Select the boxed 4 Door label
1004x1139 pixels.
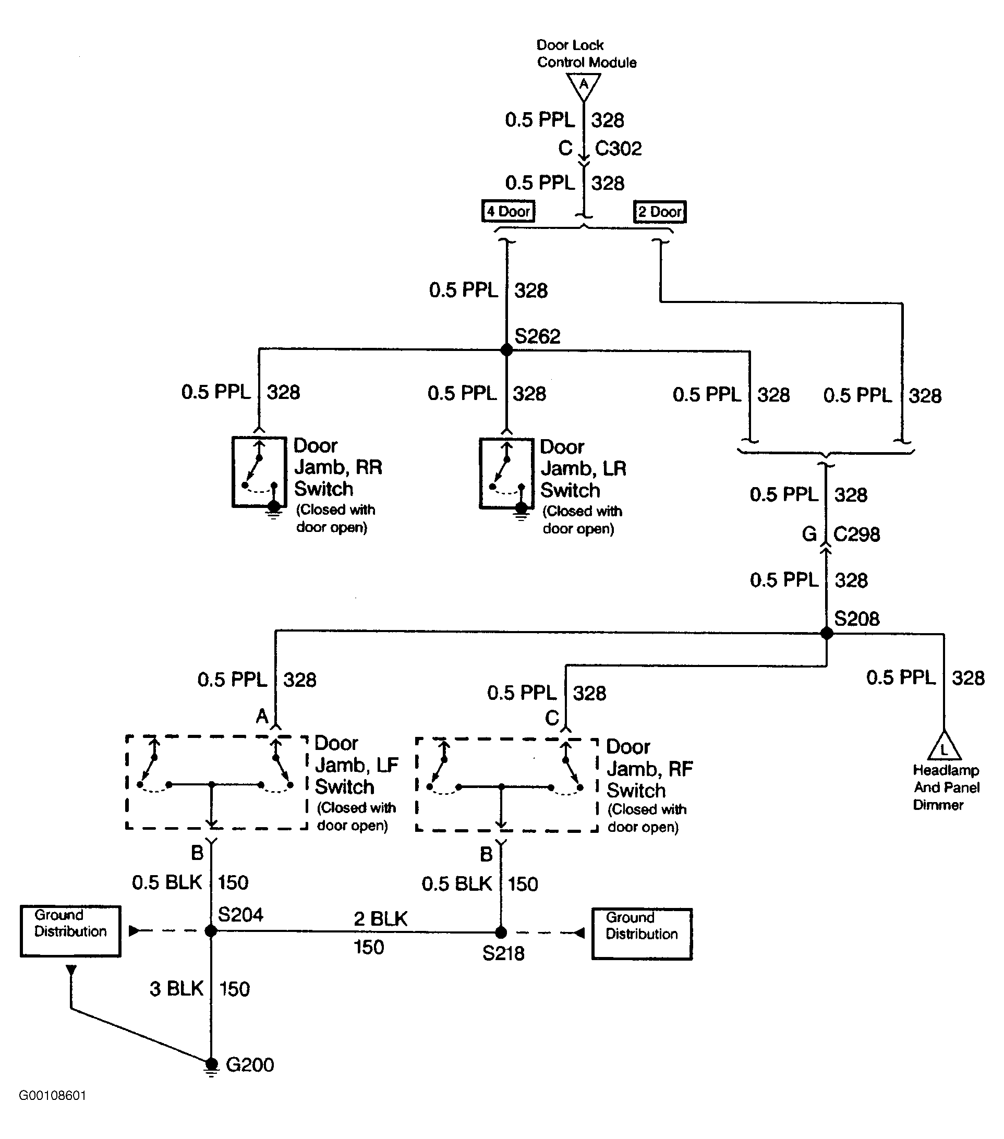pyautogui.click(x=508, y=211)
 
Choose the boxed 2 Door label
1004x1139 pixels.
pyautogui.click(x=660, y=212)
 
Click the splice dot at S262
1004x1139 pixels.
pyautogui.click(x=506, y=350)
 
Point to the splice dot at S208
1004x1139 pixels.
pyautogui.click(x=827, y=633)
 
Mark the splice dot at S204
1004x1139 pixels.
pyautogui.click(x=211, y=930)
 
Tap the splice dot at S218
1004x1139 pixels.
pyautogui.click(x=501, y=932)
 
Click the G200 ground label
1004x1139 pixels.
pyautogui.click(x=250, y=1065)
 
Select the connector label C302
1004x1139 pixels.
pyautogui.click(x=619, y=148)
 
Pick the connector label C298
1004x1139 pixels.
pyautogui.click(x=857, y=535)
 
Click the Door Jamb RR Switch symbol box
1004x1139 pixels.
pyautogui.click(x=259, y=472)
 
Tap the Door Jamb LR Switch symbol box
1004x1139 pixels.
pyautogui.click(x=506, y=474)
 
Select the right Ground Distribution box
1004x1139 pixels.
pyautogui.click(x=642, y=934)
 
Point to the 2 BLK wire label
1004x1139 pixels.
pyautogui.click(x=381, y=918)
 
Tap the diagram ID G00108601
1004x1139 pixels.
pyautogui.click(x=52, y=1096)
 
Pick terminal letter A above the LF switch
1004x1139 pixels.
pyautogui.click(x=262, y=716)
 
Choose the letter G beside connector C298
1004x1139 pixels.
pyautogui.click(x=809, y=535)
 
